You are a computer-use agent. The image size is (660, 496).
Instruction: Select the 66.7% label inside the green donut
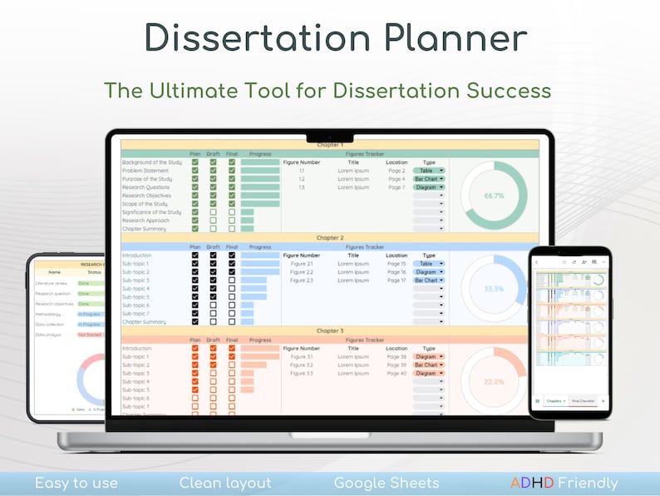(x=494, y=196)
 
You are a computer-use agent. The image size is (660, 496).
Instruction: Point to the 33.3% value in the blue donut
(x=494, y=288)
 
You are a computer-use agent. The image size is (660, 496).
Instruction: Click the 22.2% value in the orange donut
(x=494, y=380)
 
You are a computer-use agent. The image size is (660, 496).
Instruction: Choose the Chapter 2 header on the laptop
(x=330, y=238)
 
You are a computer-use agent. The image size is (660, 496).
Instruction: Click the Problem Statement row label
(x=146, y=171)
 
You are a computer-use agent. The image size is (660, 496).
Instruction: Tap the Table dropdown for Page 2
(x=428, y=171)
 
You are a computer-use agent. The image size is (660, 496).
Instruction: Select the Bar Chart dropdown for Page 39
(x=428, y=365)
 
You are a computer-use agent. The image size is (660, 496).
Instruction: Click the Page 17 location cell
(x=396, y=280)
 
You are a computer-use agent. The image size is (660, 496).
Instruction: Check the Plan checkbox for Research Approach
(x=195, y=221)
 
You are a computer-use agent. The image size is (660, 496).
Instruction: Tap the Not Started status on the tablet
(x=90, y=335)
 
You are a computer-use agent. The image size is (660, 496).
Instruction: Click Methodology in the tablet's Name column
(x=48, y=315)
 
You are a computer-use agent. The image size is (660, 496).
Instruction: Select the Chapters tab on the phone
(x=554, y=401)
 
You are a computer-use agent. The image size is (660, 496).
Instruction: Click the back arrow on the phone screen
(x=537, y=262)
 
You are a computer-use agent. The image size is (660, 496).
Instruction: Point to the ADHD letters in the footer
(x=533, y=484)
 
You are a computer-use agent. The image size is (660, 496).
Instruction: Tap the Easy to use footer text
(x=76, y=484)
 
